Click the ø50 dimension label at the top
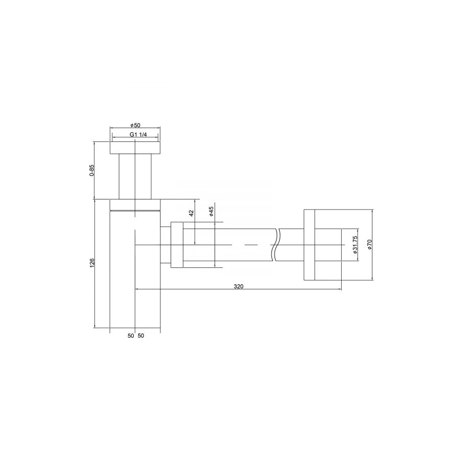pos(135,125)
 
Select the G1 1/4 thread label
pos(138,135)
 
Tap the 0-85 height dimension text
pos(92,171)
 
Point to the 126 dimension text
pos(92,263)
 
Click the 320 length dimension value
pos(238,286)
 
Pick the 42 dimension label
pos(191,213)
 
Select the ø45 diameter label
pos(211,212)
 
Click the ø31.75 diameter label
pos(355,245)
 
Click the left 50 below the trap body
pos(131,336)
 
